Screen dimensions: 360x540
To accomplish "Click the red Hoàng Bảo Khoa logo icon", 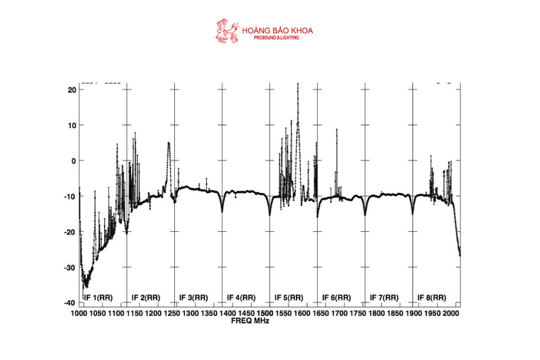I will [x=227, y=31].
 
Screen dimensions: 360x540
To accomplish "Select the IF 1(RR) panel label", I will [x=98, y=297].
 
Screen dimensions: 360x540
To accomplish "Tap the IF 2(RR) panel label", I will [x=146, y=297].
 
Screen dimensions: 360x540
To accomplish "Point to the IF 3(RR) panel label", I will [x=193, y=297].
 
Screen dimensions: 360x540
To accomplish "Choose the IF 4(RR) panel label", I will [x=241, y=297].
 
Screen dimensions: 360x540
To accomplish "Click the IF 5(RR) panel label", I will [x=289, y=297].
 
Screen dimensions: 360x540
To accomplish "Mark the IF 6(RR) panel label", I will [x=337, y=297].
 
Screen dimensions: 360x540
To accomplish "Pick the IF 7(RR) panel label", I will [x=385, y=297].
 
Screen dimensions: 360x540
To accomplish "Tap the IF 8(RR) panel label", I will [x=432, y=297].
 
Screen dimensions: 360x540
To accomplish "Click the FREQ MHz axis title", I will [x=250, y=321].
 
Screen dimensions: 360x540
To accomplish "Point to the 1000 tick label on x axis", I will [x=79, y=313].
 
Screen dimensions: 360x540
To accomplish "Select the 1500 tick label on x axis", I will [x=265, y=313].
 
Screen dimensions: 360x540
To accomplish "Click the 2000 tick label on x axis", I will [x=452, y=313].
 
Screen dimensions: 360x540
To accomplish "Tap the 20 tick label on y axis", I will [x=72, y=89].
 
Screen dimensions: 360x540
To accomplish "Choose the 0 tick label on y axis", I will [x=73, y=161].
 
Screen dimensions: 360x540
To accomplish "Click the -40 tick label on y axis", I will [x=70, y=303].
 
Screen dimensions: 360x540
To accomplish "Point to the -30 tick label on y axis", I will [x=70, y=268].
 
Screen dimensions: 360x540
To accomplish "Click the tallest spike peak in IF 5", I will [x=298, y=84].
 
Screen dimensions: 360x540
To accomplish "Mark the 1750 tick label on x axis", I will [x=359, y=313].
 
